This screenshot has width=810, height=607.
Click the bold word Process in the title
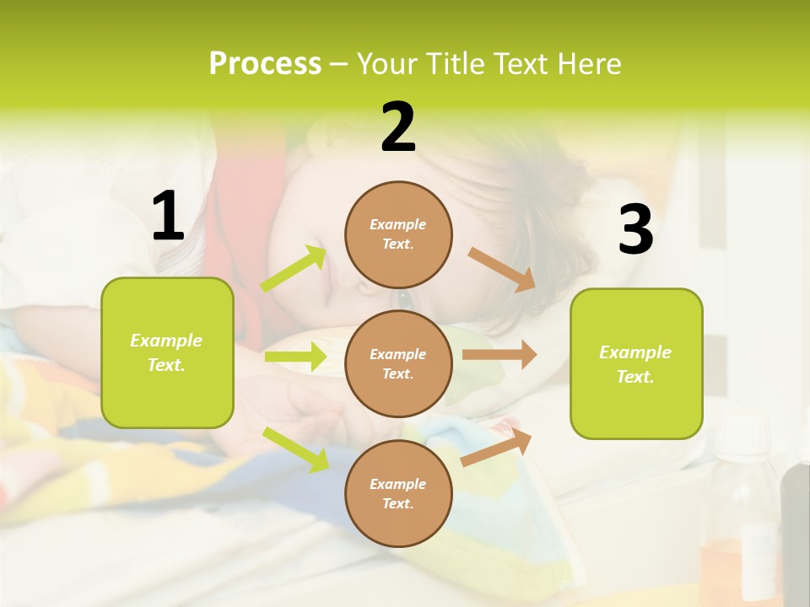tap(265, 64)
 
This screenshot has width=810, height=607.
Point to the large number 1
tap(168, 217)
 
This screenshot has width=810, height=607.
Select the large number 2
tap(398, 127)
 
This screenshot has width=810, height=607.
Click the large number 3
tap(635, 229)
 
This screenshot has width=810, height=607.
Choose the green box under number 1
tap(167, 352)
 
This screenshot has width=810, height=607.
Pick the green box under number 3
tap(636, 363)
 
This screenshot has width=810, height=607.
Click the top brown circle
tap(398, 234)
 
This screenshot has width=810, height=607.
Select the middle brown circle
tap(398, 363)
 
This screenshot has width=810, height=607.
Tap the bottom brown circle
tap(398, 493)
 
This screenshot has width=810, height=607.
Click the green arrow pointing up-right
tap(294, 269)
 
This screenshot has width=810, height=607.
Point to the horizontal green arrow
tap(294, 357)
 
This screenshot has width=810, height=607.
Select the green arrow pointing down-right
tap(295, 449)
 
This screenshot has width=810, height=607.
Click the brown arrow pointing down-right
tap(501, 269)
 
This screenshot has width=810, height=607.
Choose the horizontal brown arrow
tap(499, 355)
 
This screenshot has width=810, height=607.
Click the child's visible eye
tap(403, 298)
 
